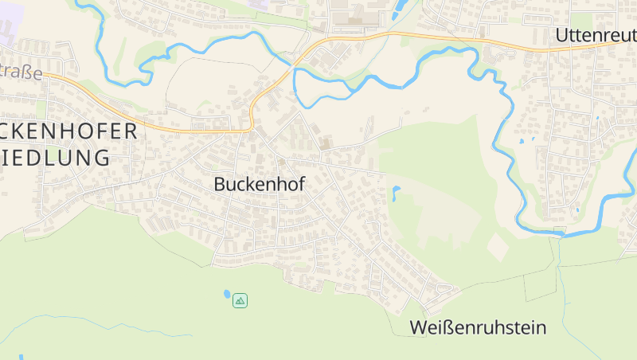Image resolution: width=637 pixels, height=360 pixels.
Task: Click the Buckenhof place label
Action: (x=259, y=184)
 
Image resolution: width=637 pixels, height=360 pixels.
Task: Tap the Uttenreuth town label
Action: (x=595, y=35)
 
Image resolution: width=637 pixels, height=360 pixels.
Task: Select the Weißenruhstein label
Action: (x=478, y=327)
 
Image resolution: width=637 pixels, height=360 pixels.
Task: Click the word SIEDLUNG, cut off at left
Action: (x=55, y=158)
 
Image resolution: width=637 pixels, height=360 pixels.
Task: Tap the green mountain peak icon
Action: (x=240, y=300)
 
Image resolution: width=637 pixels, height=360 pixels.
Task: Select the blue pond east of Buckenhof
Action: (x=395, y=192)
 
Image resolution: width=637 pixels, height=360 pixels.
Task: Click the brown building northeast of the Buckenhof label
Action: (x=324, y=143)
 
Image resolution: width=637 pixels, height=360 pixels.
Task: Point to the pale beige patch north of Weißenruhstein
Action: (x=498, y=246)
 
